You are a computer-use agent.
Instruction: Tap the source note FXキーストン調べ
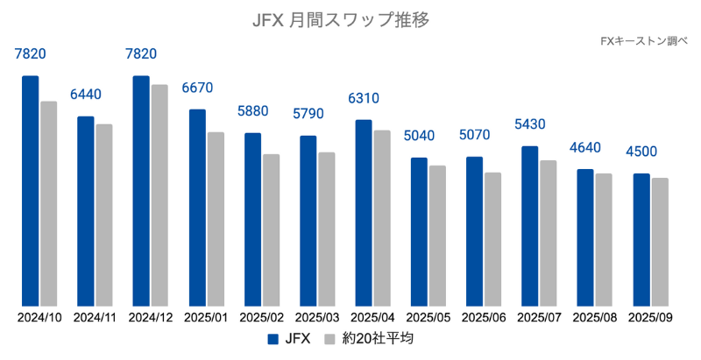pos(644,40)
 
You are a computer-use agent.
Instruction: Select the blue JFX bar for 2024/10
pos(31,191)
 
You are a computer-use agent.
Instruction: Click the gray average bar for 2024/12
pos(159,195)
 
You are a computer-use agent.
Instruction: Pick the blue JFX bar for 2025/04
pos(363,213)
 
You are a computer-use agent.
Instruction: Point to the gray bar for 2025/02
pos(271,230)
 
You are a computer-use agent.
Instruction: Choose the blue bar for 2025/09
pos(641,240)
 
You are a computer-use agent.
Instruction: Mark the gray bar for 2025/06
pos(492,239)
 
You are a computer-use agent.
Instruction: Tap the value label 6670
pos(197,88)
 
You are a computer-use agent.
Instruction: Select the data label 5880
pos(252,111)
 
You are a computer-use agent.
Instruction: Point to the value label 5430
pos(530,124)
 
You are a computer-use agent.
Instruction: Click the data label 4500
pos(641,152)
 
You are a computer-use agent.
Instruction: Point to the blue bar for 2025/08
pos(585,237)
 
